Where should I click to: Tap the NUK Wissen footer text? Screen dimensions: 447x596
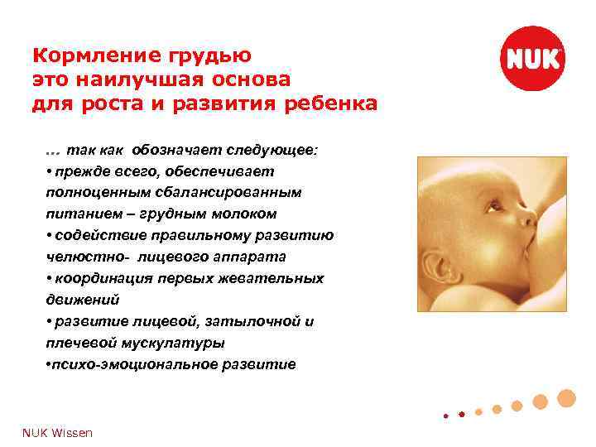click(57, 433)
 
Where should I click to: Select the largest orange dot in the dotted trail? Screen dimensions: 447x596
click(566, 398)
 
